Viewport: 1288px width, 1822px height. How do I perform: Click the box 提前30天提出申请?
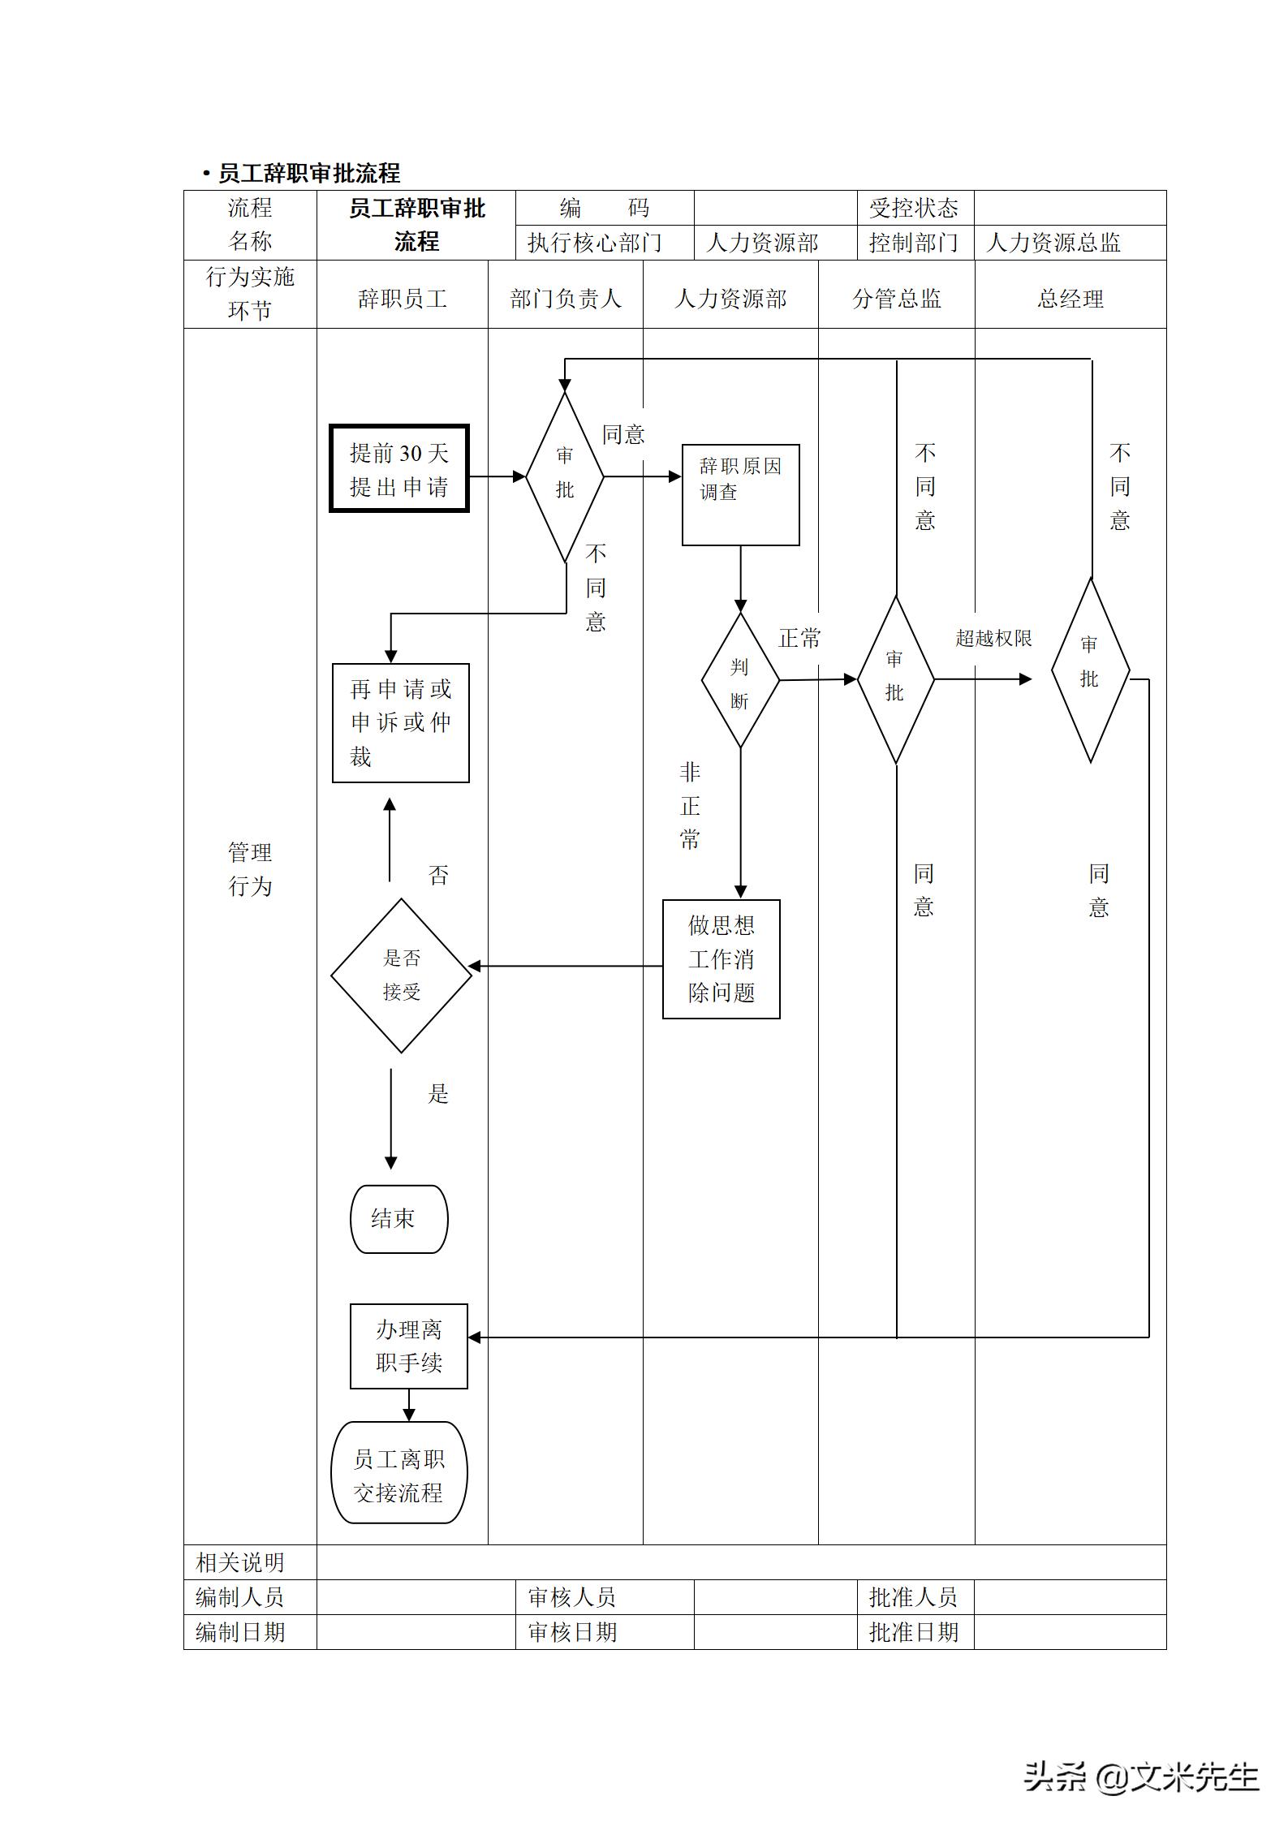click(x=399, y=469)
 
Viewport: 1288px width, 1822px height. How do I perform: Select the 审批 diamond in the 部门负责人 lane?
click(x=565, y=476)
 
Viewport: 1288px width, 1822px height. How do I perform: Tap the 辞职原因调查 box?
click(x=740, y=494)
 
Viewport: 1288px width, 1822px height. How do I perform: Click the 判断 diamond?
click(x=740, y=680)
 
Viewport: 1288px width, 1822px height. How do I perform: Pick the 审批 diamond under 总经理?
click(x=1090, y=670)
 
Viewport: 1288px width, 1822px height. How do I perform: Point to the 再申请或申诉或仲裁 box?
click(x=401, y=722)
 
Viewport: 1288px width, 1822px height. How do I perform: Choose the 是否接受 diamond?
click(x=401, y=975)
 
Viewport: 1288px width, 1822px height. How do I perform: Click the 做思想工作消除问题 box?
click(x=721, y=958)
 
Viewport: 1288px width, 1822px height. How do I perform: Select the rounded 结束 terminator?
click(x=398, y=1218)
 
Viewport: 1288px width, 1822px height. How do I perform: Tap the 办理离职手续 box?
click(x=408, y=1346)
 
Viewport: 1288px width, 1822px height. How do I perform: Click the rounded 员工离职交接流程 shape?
click(x=398, y=1471)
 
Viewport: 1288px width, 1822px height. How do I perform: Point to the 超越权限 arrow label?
click(x=993, y=639)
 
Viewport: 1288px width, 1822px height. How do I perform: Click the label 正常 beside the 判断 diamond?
click(x=799, y=639)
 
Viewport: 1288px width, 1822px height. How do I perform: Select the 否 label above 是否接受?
click(x=438, y=875)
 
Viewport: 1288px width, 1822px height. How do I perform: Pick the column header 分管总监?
click(x=896, y=299)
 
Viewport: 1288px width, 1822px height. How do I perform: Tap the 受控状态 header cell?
click(x=914, y=209)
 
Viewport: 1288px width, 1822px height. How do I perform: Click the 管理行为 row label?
click(x=250, y=869)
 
